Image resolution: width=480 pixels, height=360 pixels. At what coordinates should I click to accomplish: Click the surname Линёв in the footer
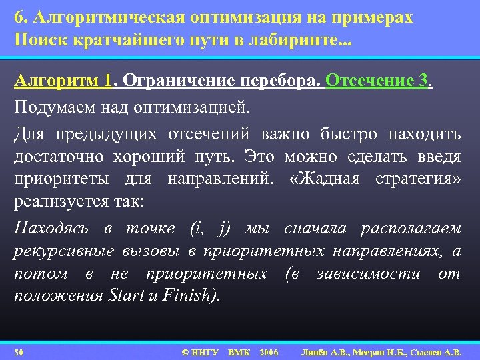click(x=317, y=351)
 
